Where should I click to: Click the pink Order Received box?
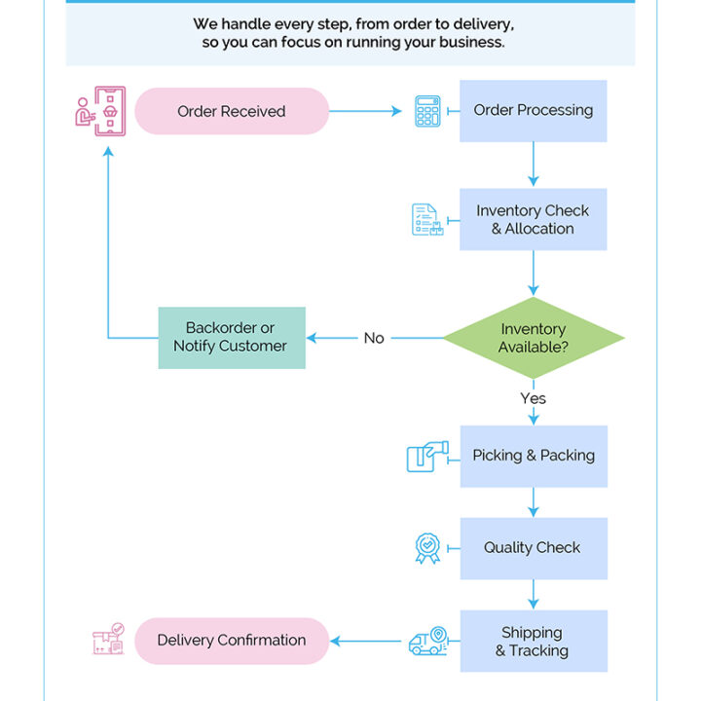[232, 111]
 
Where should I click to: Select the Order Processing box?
[533, 111]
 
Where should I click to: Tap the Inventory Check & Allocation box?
[533, 219]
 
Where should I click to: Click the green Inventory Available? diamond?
[534, 338]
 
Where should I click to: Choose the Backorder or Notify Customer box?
[232, 338]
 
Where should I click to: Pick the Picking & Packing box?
[534, 456]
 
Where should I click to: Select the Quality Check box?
[534, 548]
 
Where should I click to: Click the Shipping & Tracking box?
[534, 641]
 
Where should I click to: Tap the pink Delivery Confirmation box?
[232, 641]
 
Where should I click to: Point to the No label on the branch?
[374, 338]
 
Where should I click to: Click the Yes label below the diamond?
[533, 398]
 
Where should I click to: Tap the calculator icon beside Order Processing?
[427, 111]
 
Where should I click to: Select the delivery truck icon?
[427, 641]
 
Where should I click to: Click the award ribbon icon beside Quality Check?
[427, 548]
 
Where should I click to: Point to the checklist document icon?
[427, 219]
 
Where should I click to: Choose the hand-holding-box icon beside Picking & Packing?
[427, 456]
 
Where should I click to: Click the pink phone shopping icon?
[100, 111]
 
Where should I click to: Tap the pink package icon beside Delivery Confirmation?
[109, 639]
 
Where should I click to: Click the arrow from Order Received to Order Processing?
[365, 111]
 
